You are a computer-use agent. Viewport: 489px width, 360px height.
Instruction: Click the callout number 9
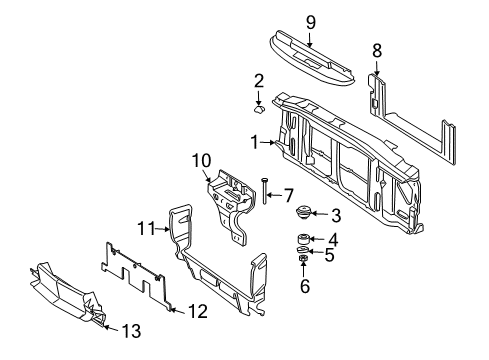coord(310,20)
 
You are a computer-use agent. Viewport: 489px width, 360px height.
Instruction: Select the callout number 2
coord(258,79)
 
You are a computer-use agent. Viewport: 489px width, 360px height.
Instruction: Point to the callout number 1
coord(256,142)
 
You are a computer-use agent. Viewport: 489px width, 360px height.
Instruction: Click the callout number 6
coord(306,286)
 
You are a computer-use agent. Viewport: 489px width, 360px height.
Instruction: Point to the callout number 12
coord(198,311)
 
